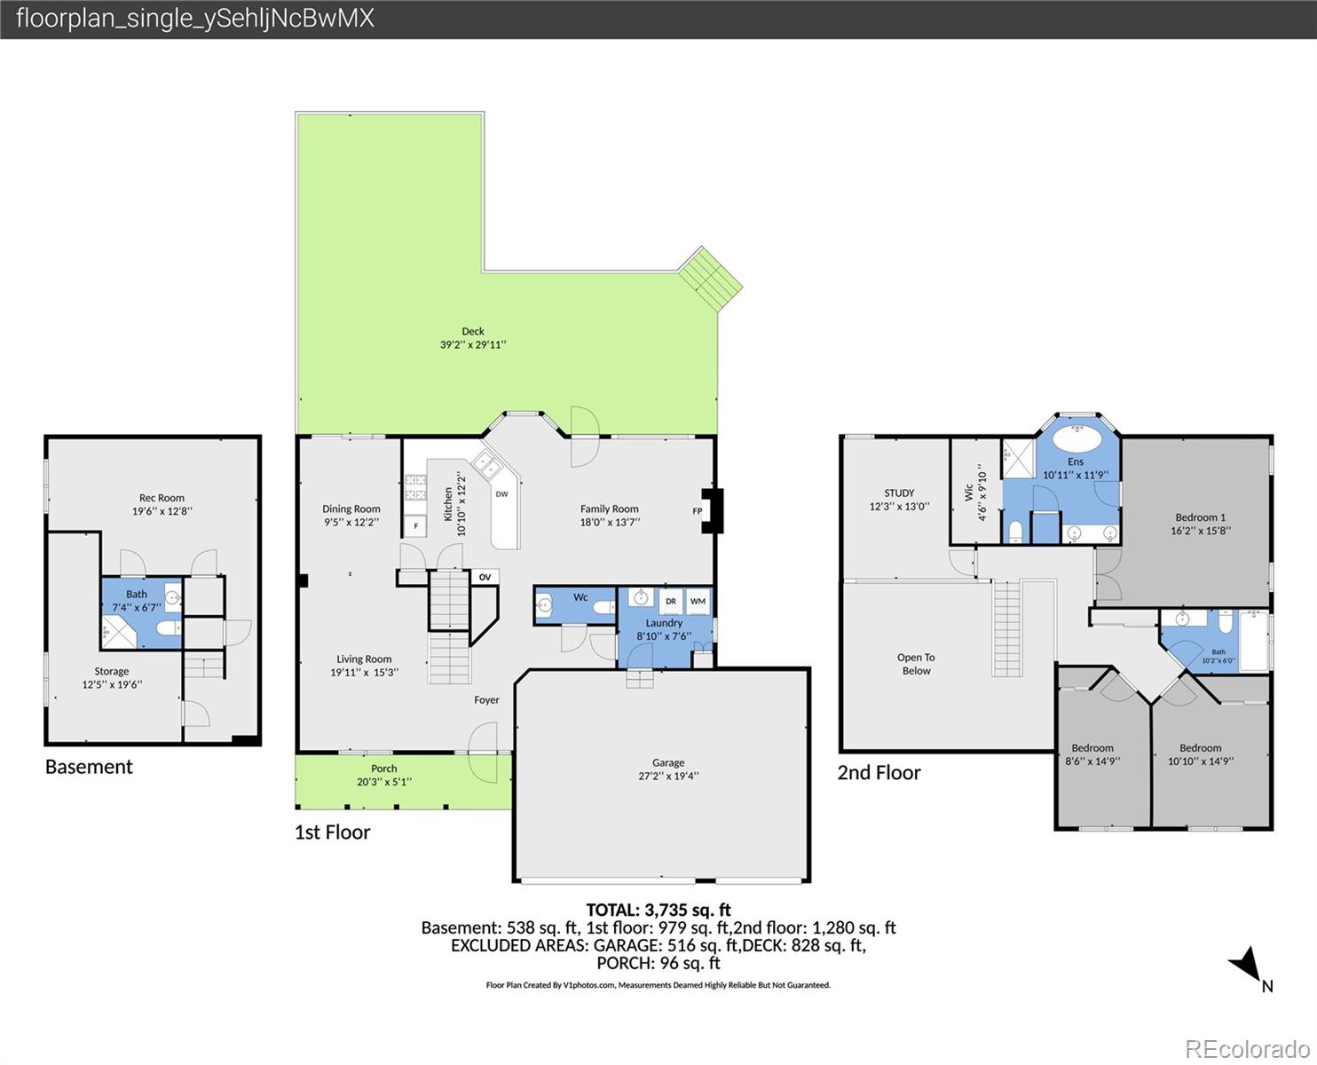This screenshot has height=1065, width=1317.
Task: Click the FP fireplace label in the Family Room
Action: (x=697, y=511)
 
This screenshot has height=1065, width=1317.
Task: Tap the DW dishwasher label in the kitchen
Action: (x=501, y=493)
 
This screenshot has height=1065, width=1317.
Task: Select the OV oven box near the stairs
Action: (x=485, y=577)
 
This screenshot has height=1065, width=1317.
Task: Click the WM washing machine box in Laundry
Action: (x=698, y=602)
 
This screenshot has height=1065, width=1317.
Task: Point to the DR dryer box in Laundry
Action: (x=671, y=602)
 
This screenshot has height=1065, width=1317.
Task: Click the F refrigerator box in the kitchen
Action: (x=416, y=526)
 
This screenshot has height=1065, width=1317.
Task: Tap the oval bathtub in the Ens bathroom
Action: (x=1076, y=439)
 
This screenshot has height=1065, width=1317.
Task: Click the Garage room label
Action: (x=668, y=762)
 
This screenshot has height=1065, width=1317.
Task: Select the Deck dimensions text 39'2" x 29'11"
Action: (x=473, y=345)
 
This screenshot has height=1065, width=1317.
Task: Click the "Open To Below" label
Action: (x=917, y=664)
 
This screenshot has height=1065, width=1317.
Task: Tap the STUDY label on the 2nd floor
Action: (x=899, y=493)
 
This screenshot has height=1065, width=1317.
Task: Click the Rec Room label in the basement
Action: (x=162, y=498)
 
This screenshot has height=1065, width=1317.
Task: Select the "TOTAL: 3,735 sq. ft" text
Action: (x=658, y=910)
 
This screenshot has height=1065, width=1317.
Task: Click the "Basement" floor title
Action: (x=89, y=767)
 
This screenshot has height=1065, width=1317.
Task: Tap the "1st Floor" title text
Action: (x=333, y=832)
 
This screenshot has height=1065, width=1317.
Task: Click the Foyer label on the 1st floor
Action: (x=486, y=699)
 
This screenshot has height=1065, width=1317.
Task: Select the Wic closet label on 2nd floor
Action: (x=969, y=492)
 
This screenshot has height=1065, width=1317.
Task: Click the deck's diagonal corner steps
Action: (x=711, y=279)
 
